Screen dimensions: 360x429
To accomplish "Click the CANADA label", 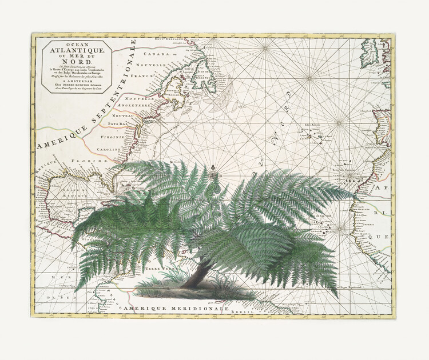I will tap(155, 54).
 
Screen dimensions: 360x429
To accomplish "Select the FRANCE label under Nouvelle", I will tap(141, 75).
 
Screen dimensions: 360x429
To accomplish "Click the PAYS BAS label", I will tap(121, 123).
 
